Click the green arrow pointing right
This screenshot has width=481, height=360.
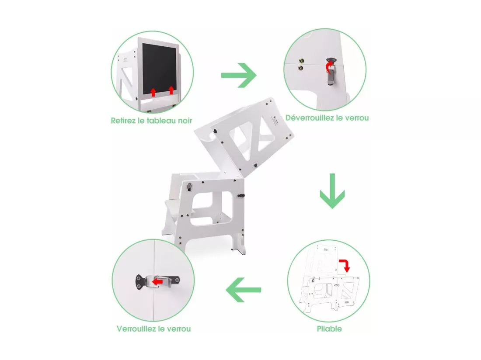click(x=239, y=75)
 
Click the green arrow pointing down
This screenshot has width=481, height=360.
click(x=332, y=191)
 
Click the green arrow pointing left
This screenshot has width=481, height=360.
click(x=243, y=290)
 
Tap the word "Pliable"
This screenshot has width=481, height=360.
click(x=329, y=329)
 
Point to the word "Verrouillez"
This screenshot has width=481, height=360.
click(x=136, y=329)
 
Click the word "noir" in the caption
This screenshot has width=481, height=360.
click(x=185, y=121)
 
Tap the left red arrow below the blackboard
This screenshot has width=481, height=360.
click(x=153, y=92)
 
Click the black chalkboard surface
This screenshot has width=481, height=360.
click(x=159, y=69)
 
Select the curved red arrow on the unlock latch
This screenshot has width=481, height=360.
click(x=329, y=67)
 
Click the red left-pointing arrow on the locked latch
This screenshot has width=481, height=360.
click(x=157, y=281)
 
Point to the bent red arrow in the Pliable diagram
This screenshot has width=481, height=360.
click(x=345, y=265)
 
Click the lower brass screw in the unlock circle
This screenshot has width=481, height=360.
click(x=301, y=68)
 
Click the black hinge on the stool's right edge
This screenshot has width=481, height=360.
click(x=241, y=195)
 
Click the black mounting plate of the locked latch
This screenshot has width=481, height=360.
click(x=139, y=281)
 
